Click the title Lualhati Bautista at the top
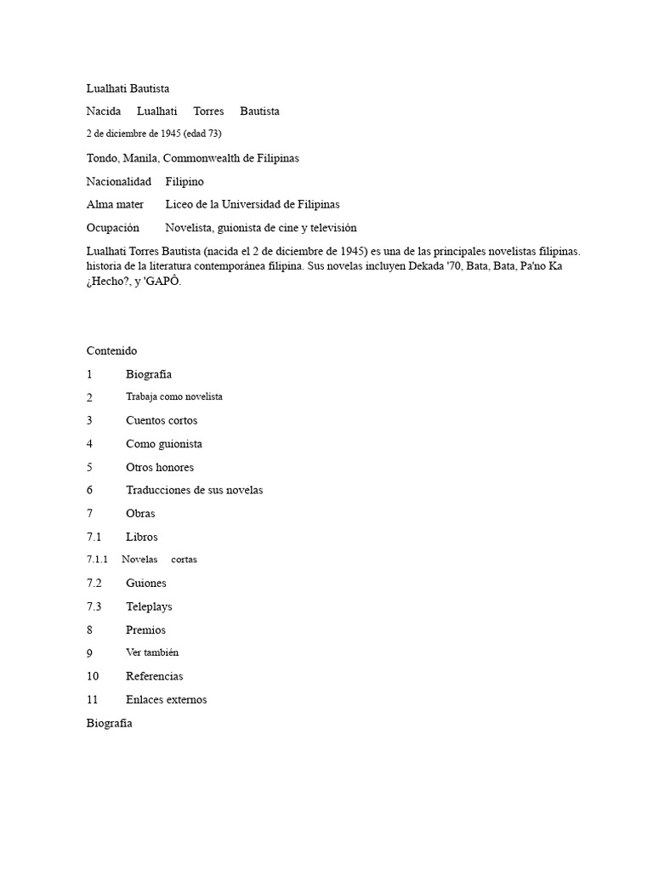coord(128,88)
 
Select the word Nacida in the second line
coord(104,111)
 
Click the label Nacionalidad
coord(119,181)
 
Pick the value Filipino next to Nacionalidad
coord(185,181)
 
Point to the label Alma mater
coord(115,204)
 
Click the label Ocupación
coord(112,228)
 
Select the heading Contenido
coord(111,350)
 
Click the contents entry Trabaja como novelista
coord(174,396)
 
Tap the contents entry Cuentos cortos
coord(162,420)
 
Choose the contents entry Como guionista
coord(164,443)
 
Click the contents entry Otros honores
coord(160,467)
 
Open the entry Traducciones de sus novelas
coord(195,490)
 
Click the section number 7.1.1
coord(98,560)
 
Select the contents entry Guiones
coord(146,583)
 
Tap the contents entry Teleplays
coord(150,606)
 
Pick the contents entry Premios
coord(146,630)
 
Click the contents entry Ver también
coord(152,652)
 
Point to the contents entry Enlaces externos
coord(167,699)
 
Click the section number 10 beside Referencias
coord(93,676)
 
